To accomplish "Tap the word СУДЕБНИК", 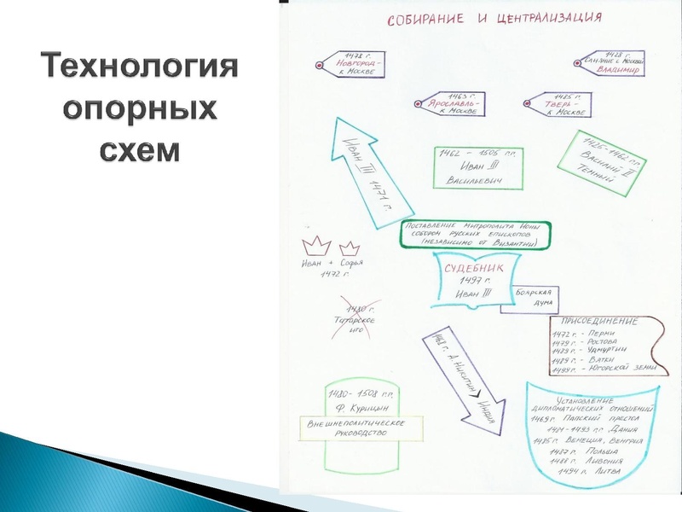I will click(474, 269).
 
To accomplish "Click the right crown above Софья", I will click(349, 247).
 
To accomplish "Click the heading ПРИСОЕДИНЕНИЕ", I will click(598, 321).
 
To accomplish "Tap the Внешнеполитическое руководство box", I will click(357, 428).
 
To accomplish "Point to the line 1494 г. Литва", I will click(589, 470).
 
